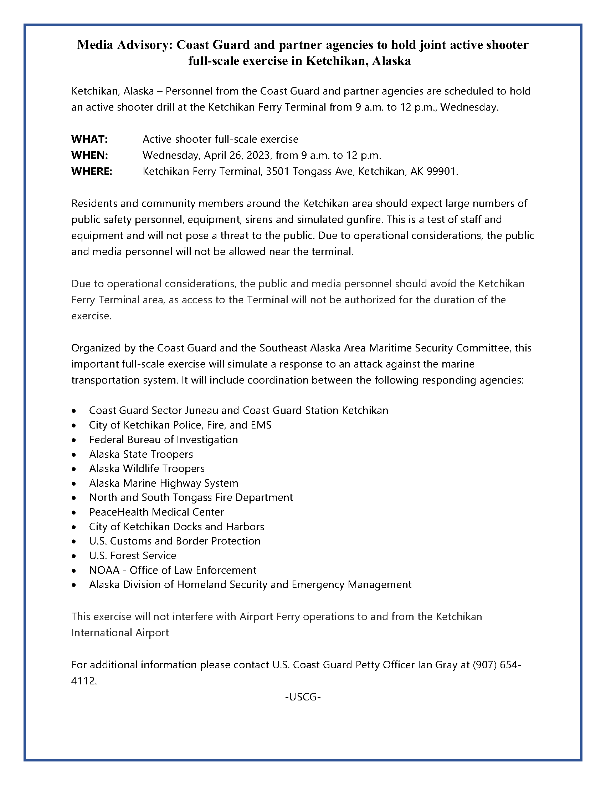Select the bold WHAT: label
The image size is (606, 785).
pos(89,139)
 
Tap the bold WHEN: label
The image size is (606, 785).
pos(90,155)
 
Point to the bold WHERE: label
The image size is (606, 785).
pos(92,171)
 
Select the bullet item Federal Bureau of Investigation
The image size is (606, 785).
pos(163,440)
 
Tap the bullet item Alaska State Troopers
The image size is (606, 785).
pos(141,454)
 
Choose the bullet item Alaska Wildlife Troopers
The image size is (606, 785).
pos(147,469)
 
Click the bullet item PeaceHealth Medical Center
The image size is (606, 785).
pos(156,512)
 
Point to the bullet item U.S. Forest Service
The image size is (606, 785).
pos(133,556)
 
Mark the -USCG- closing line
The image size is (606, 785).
pos(303,697)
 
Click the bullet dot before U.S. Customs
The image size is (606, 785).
pos(74,541)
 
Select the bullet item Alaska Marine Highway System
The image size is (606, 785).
pos(163,483)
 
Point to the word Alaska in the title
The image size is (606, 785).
pos(392,61)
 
